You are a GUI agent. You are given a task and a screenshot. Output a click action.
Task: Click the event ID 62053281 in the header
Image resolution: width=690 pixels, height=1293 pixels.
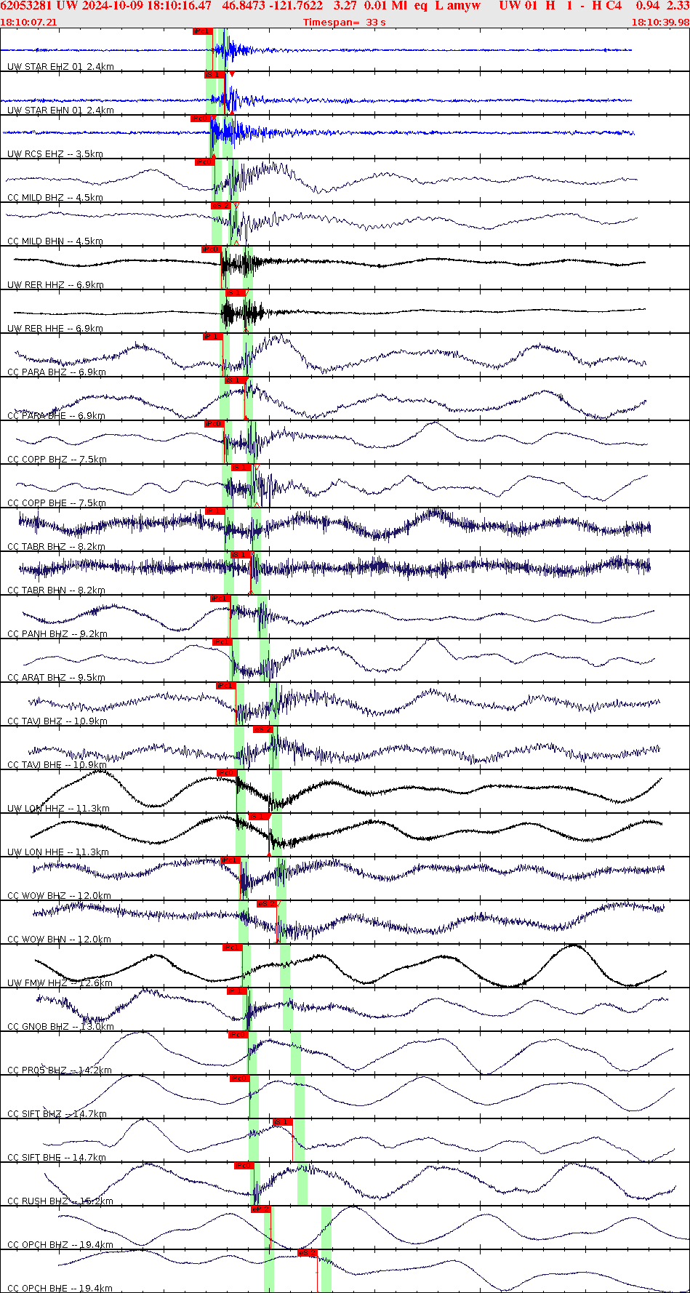pyautogui.click(x=26, y=6)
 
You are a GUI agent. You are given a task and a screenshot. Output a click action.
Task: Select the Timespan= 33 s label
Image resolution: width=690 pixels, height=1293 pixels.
pyautogui.click(x=344, y=22)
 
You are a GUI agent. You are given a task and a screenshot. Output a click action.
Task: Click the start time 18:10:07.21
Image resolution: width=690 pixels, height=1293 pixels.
pyautogui.click(x=28, y=22)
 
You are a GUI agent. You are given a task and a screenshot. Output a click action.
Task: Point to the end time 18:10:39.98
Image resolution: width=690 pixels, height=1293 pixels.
pyautogui.click(x=659, y=22)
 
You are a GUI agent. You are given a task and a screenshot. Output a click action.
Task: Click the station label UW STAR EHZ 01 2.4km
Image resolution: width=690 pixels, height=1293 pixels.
pyautogui.click(x=60, y=67)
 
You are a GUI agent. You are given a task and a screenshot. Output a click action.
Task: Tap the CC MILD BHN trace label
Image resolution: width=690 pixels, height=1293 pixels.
pyautogui.click(x=55, y=241)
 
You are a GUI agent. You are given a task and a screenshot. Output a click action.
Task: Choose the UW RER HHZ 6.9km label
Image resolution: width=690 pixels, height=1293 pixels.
pyautogui.click(x=55, y=285)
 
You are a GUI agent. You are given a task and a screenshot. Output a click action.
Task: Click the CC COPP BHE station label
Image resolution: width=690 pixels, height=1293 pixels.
pyautogui.click(x=57, y=503)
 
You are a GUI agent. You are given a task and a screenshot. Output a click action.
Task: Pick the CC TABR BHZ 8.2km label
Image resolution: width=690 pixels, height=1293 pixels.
pyautogui.click(x=57, y=547)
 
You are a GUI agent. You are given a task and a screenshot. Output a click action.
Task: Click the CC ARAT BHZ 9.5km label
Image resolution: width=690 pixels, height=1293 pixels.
pyautogui.click(x=57, y=678)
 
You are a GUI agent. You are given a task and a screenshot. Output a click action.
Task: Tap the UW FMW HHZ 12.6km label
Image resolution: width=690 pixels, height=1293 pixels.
pyautogui.click(x=60, y=983)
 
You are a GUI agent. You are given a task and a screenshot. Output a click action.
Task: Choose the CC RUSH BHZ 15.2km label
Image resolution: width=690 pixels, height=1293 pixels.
pyautogui.click(x=60, y=1201)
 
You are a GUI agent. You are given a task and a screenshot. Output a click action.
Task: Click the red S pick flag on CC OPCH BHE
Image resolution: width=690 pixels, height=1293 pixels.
pyautogui.click(x=308, y=1253)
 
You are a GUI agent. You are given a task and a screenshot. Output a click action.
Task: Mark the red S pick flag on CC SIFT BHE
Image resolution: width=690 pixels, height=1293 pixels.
pyautogui.click(x=282, y=1122)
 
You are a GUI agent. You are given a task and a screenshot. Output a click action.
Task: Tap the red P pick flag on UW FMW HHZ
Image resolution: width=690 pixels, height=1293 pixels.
pyautogui.click(x=232, y=948)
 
